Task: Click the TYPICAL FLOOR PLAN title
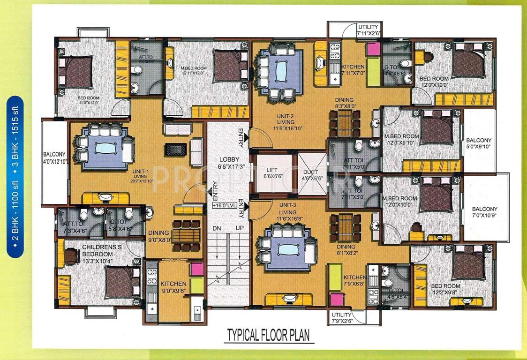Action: click(268, 336)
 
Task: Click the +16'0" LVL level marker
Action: click(224, 205)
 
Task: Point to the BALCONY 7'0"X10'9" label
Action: click(485, 212)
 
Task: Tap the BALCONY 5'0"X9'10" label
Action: click(479, 143)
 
